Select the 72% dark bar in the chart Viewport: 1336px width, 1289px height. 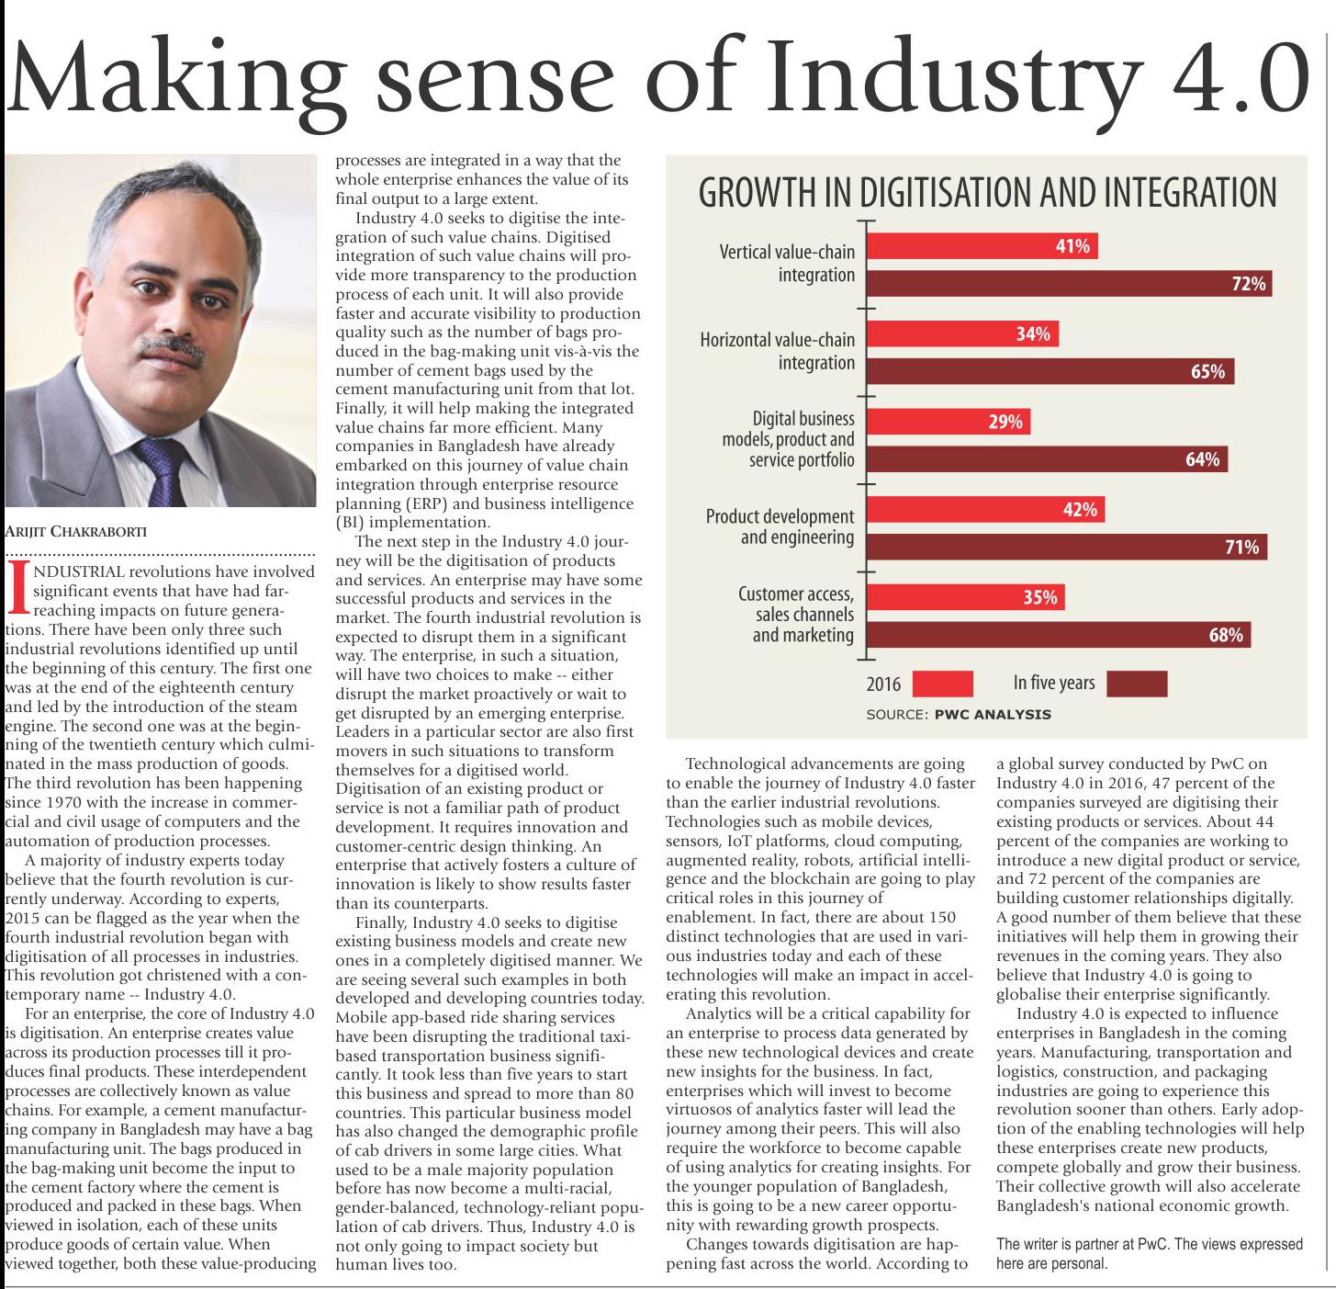(x=1069, y=284)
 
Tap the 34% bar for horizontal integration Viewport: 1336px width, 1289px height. (x=961, y=334)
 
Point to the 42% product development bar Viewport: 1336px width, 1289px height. (x=984, y=510)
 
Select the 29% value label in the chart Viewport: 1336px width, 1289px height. (x=1005, y=422)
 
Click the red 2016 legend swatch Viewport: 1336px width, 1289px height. (x=943, y=684)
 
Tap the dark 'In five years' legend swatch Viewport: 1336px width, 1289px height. (x=1137, y=684)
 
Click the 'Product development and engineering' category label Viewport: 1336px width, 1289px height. (x=780, y=526)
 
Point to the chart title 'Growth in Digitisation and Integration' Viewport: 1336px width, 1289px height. (x=987, y=193)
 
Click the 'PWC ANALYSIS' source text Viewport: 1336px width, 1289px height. (x=993, y=715)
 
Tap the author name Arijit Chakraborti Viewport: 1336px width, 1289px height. (x=76, y=531)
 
